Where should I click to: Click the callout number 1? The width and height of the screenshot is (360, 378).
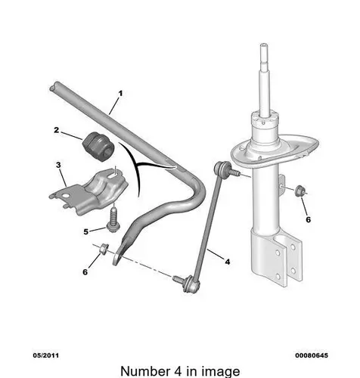pyautogui.click(x=120, y=94)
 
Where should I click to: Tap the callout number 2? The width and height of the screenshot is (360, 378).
pyautogui.click(x=56, y=130)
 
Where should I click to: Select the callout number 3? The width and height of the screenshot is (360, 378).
pyautogui.click(x=58, y=165)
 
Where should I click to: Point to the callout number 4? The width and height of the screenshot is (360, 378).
pyautogui.click(x=228, y=262)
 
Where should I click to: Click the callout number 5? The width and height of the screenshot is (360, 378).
pyautogui.click(x=86, y=231)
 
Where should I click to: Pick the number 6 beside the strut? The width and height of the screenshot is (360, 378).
pyautogui.click(x=309, y=220)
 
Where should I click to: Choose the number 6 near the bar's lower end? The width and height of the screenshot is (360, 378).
pyautogui.click(x=85, y=272)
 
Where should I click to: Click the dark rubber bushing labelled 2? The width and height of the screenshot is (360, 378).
pyautogui.click(x=98, y=147)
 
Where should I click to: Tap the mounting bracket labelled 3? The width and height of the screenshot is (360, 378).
pyautogui.click(x=88, y=191)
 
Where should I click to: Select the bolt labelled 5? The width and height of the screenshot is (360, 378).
pyautogui.click(x=113, y=220)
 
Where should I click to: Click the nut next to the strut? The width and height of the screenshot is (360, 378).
pyautogui.click(x=300, y=191)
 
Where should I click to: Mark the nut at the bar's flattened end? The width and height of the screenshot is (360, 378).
pyautogui.click(x=104, y=249)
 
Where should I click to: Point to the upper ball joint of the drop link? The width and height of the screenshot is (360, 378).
pyautogui.click(x=221, y=168)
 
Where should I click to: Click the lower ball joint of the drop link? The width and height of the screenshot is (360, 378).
pyautogui.click(x=191, y=284)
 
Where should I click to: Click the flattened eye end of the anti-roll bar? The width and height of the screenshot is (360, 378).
pyautogui.click(x=117, y=258)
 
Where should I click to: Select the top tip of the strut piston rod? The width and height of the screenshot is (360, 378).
pyautogui.click(x=264, y=45)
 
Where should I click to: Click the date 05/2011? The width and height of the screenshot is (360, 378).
pyautogui.click(x=46, y=355)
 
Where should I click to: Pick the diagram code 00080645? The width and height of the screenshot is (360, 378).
pyautogui.click(x=312, y=355)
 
